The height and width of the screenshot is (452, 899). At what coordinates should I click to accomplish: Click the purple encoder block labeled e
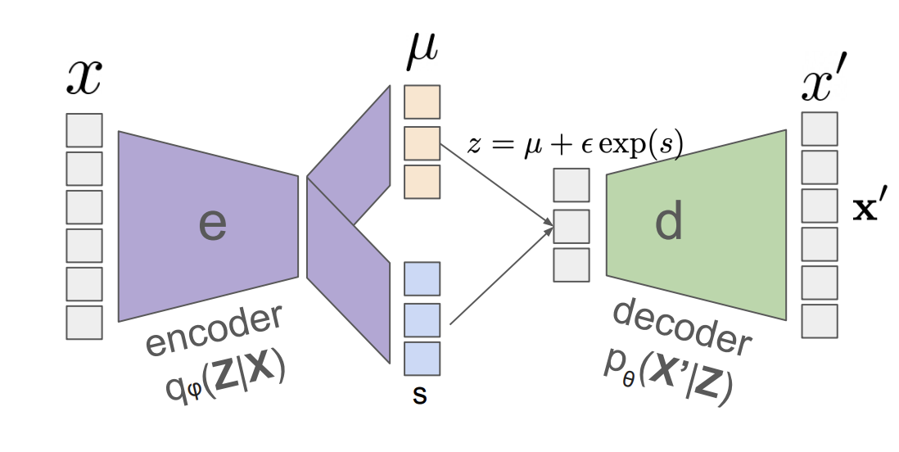(209, 225)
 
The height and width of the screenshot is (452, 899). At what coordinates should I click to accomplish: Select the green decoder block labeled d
(696, 223)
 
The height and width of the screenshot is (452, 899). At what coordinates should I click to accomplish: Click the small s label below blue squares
(419, 395)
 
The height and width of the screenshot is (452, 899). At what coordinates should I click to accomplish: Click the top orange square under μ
(422, 102)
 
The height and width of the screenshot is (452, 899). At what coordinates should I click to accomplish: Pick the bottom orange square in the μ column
(422, 182)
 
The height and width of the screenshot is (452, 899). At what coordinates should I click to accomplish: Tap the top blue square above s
(422, 278)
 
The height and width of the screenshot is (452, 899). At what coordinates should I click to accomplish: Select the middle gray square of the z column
(571, 226)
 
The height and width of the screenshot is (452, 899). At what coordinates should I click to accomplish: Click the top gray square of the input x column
(84, 130)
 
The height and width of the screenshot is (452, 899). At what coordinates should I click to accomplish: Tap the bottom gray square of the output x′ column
(820, 321)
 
